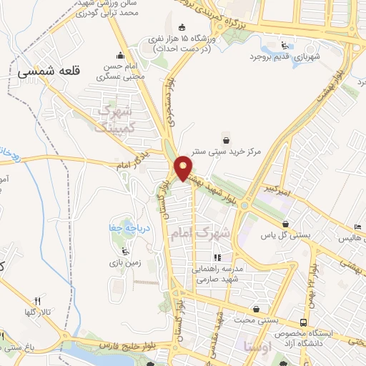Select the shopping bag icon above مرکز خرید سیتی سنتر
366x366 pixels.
[227, 139]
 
